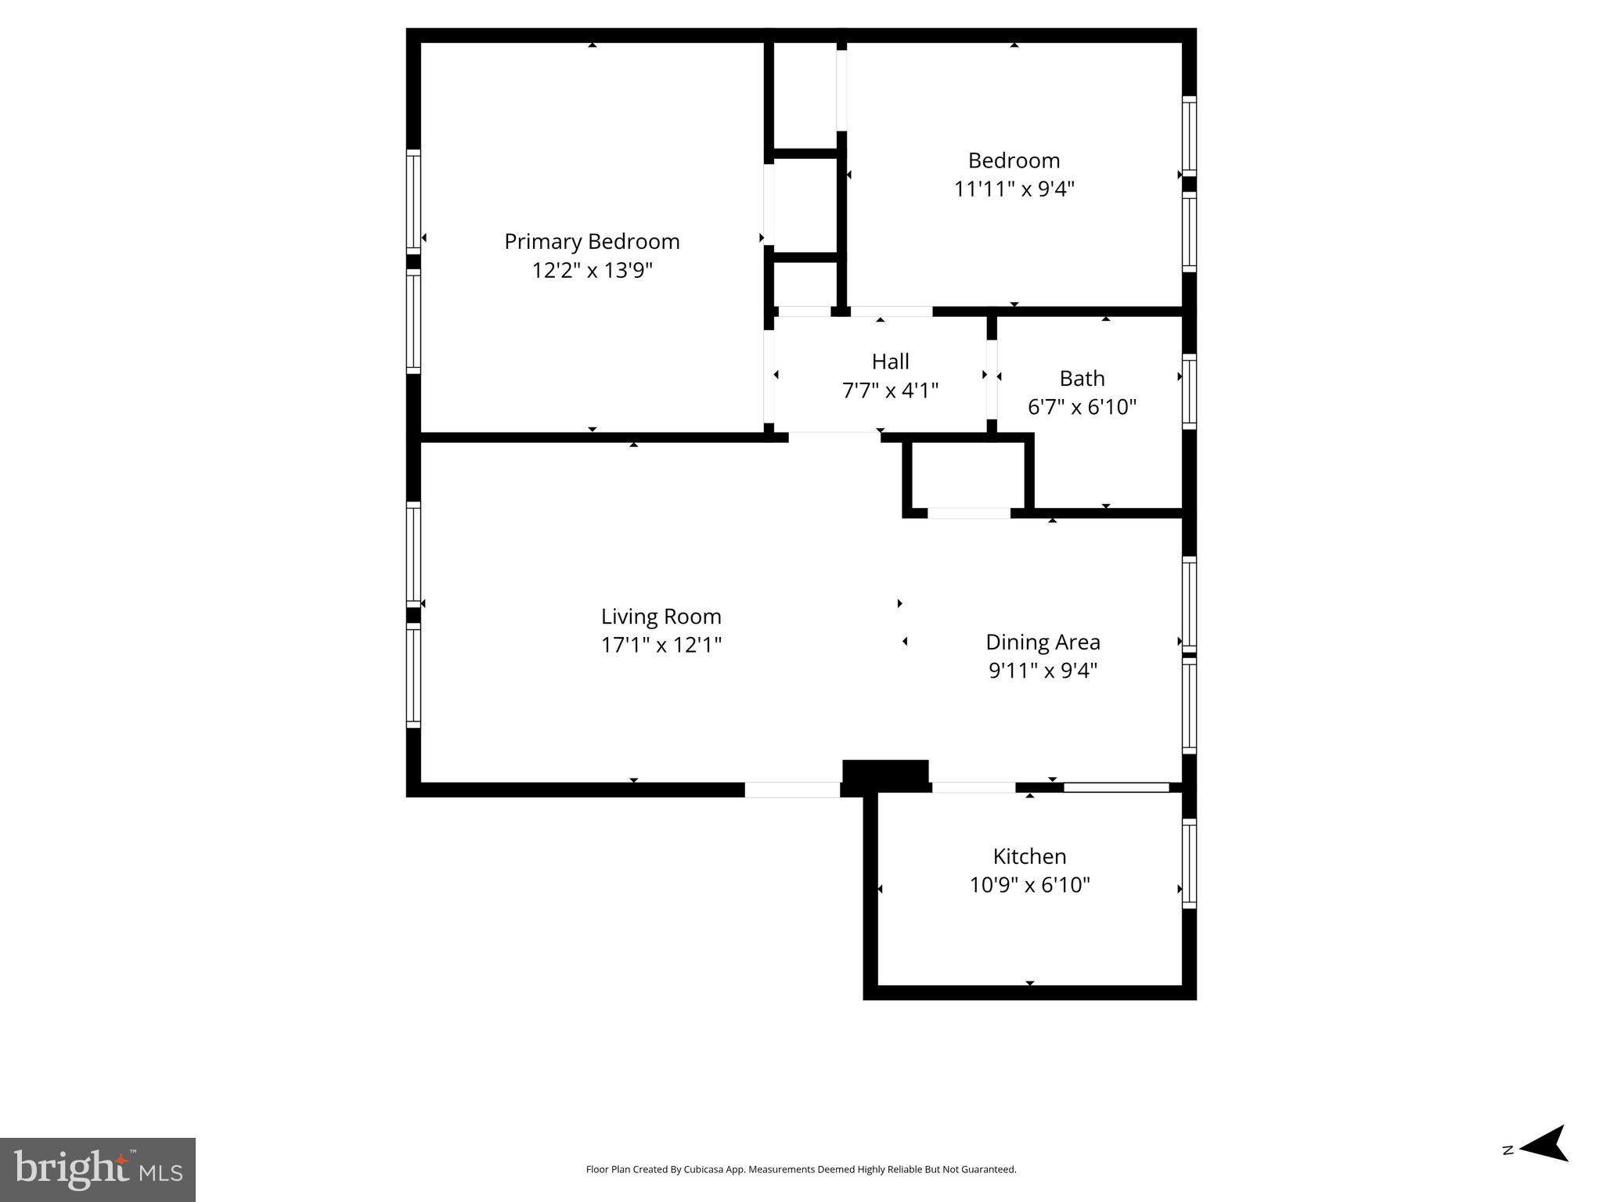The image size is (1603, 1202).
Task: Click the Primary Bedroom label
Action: click(592, 241)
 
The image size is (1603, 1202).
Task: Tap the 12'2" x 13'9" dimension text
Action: click(592, 271)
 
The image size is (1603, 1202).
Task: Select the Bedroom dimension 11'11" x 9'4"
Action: click(1014, 189)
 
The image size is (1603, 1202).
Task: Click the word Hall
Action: click(890, 362)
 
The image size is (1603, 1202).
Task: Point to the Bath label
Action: click(1082, 379)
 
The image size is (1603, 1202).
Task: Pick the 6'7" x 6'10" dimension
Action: click(1082, 407)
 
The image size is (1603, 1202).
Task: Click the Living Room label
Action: click(661, 617)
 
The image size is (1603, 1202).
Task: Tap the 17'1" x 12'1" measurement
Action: click(661, 646)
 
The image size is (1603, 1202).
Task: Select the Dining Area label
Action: click(1043, 642)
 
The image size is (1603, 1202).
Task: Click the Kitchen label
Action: click(1029, 856)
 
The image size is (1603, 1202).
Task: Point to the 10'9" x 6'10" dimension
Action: click(1029, 885)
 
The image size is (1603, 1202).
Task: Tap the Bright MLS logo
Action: click(98, 1169)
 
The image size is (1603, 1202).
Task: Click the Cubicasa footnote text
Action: click(801, 1169)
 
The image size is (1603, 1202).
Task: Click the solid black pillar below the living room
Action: click(885, 773)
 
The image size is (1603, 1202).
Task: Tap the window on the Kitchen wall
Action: click(1189, 863)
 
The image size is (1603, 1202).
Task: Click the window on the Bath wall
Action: click(1189, 391)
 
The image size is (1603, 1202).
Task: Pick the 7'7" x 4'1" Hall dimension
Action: click(890, 390)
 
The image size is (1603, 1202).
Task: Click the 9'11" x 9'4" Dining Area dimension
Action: click(1043, 671)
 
